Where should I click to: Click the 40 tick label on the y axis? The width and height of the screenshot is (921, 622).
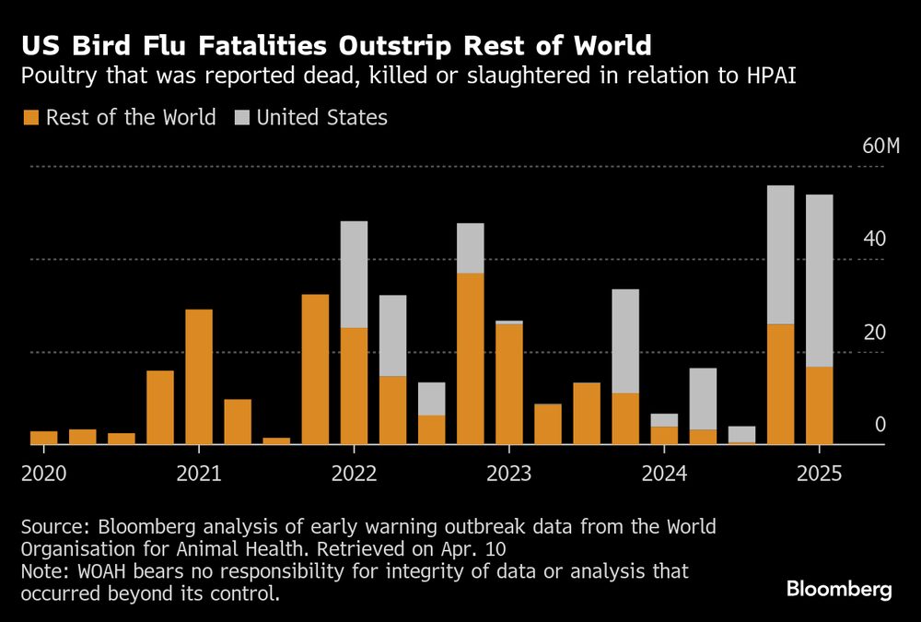coord(875,240)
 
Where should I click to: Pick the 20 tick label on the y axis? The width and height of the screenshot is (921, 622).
coord(875,333)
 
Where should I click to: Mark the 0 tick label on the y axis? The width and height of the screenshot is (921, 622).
coord(880,425)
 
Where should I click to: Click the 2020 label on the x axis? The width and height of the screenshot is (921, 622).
coord(43,474)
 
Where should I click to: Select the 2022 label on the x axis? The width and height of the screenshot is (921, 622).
coord(354,474)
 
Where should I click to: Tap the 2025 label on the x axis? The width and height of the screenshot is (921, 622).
coord(819,474)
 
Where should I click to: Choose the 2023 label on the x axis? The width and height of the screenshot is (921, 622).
coord(508,474)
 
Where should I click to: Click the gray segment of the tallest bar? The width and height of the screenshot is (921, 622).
coord(781,254)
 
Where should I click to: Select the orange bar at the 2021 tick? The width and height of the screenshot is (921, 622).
coord(199,377)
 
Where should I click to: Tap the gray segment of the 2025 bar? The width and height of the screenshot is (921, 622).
coord(820,280)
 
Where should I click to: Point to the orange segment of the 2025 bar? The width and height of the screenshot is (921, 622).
coord(820,405)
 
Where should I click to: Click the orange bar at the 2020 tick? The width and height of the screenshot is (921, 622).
coord(43,438)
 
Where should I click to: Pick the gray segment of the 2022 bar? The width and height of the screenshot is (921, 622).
coord(354,274)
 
